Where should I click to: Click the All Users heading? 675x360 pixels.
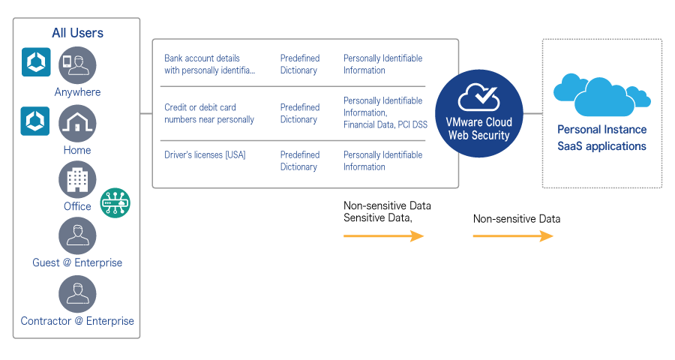coord(77,33)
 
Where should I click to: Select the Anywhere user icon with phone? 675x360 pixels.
coord(77,65)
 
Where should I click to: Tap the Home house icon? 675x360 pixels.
coord(77,123)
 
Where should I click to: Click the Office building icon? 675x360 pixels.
coord(77,180)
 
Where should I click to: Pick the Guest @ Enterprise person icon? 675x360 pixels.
coord(77,236)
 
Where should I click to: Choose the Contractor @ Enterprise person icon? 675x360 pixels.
coord(77,294)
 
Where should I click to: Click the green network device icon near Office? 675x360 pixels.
coord(115,202)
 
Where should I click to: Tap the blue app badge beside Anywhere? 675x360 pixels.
coord(36,63)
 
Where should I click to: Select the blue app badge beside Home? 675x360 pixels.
coord(35,121)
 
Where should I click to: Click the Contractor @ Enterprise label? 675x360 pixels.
coord(77,321)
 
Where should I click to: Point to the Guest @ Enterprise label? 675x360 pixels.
coord(77,263)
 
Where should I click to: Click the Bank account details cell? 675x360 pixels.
coord(209,64)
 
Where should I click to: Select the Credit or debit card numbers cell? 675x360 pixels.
coord(209,113)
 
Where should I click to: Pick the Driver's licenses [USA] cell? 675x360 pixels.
coord(205,155)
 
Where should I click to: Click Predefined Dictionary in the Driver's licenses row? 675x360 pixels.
coord(299,161)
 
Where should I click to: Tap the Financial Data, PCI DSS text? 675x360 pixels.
coord(385,125)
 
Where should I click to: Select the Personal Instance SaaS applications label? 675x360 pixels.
coord(601,138)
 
